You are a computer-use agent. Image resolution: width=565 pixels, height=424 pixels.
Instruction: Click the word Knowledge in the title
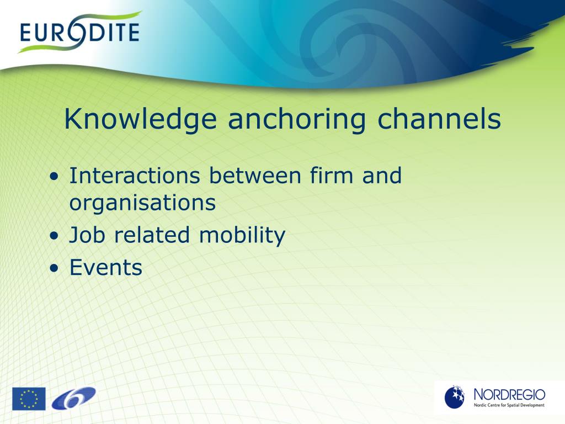[140, 120]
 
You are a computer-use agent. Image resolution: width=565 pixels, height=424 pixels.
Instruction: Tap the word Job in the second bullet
[88, 235]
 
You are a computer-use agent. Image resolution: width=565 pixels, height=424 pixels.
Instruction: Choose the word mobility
[242, 235]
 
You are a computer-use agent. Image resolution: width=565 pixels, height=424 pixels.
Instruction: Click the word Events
[106, 268]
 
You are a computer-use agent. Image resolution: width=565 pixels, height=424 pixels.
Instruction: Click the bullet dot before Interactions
[54, 177]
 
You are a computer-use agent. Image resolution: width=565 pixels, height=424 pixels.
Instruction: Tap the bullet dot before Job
[54, 236]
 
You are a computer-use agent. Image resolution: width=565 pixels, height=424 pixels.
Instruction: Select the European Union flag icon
[29, 399]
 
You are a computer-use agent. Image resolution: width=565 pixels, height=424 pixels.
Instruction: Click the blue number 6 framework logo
[73, 398]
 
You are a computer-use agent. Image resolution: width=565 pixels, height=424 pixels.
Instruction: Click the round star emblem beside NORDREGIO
[455, 397]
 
